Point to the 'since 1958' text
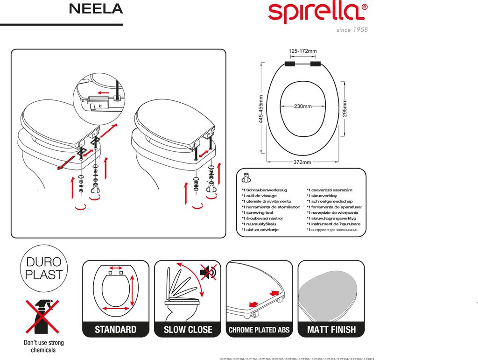[x=352, y=30]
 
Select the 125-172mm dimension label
[x=302, y=51]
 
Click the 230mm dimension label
[x=302, y=106]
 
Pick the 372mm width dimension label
[x=302, y=162]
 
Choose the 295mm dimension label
[x=345, y=109]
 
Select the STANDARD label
[x=116, y=330]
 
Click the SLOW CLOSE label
[x=188, y=330]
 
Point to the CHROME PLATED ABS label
[x=259, y=330]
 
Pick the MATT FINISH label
[x=331, y=330]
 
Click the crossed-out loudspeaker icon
[x=208, y=272]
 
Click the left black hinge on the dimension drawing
[x=289, y=64]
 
